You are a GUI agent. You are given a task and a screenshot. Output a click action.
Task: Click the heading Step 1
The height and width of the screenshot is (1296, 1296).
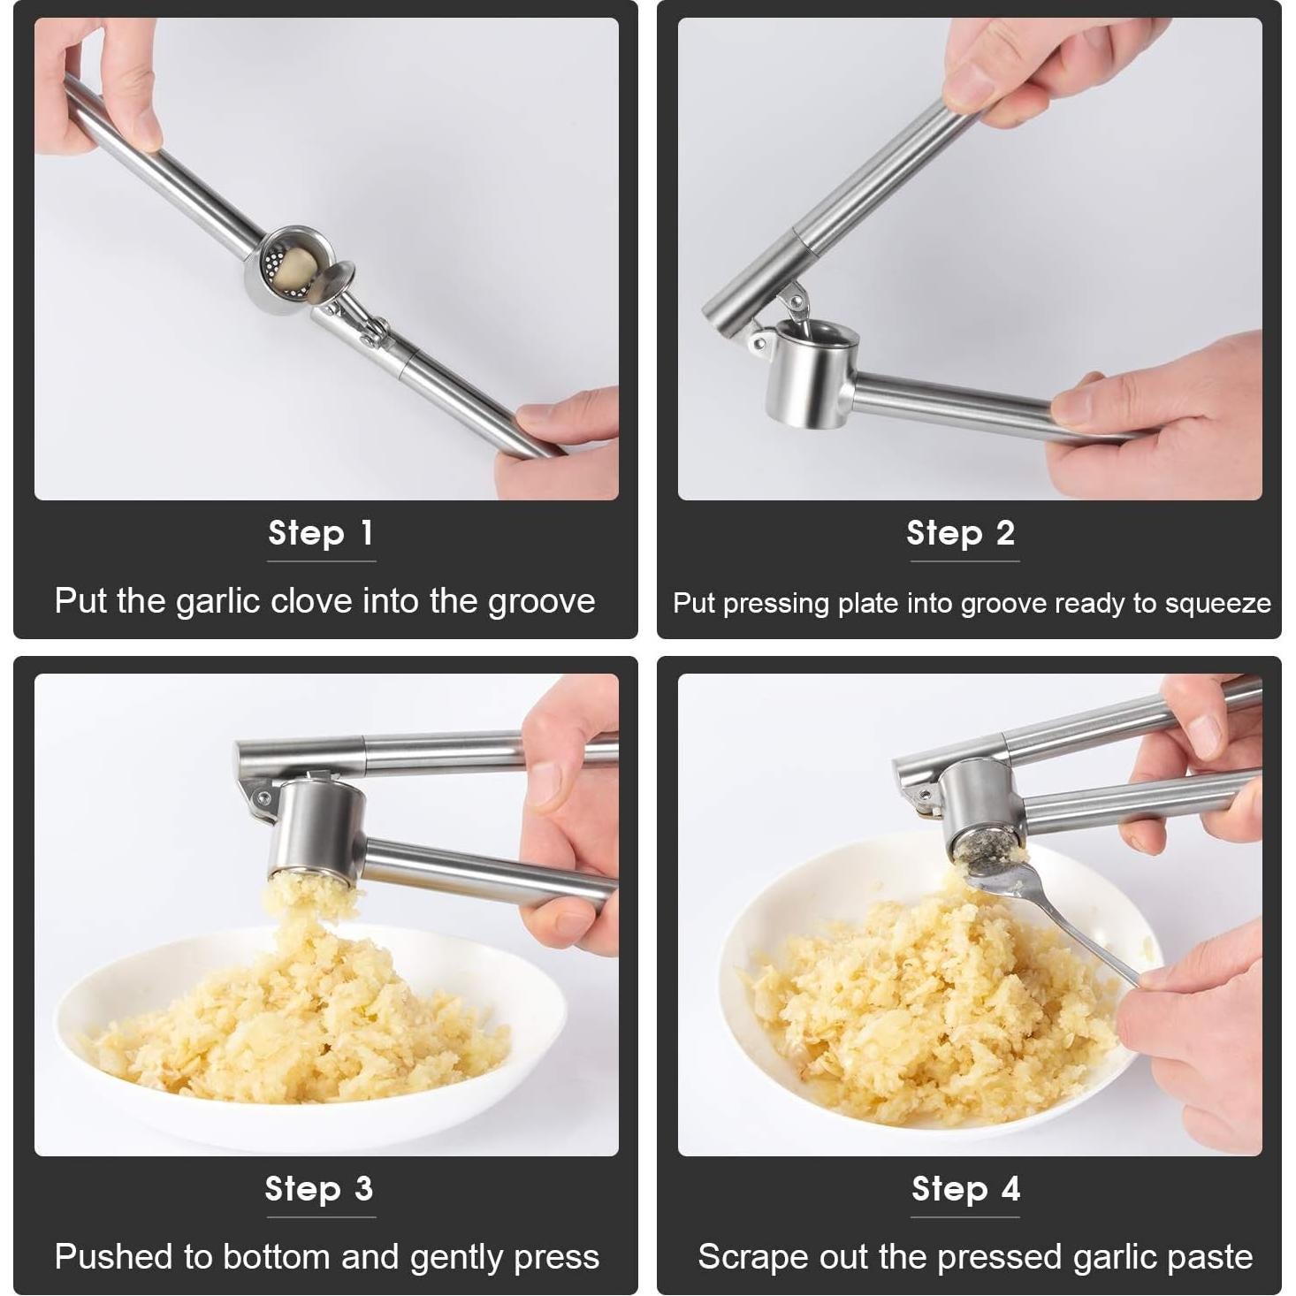pos(321,533)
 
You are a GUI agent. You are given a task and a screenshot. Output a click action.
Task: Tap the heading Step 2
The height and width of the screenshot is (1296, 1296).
pos(961,533)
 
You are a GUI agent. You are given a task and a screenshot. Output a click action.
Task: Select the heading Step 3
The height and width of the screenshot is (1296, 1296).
pos(319,1189)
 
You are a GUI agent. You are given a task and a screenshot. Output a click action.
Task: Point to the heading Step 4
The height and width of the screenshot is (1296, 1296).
pos(965,1189)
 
